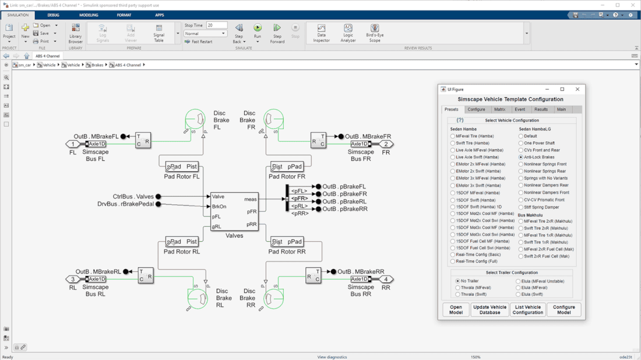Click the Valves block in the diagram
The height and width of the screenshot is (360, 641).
tap(234, 211)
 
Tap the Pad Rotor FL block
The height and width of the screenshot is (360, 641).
tap(181, 167)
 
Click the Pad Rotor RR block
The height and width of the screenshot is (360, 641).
tap(287, 242)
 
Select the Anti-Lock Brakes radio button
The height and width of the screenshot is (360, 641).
tap(521, 157)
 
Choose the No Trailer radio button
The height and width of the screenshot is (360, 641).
tap(457, 281)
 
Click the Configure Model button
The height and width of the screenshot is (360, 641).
tap(563, 309)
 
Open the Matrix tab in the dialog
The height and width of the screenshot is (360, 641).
tap(499, 110)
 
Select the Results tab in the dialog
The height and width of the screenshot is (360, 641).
tap(541, 110)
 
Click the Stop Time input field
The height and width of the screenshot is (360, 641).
tap(216, 26)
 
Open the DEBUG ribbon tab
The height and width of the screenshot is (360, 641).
tap(53, 15)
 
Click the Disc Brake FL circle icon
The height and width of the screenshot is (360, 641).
tap(195, 119)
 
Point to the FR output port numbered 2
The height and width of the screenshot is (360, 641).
tap(386, 144)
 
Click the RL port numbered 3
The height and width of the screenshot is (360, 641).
tap(73, 279)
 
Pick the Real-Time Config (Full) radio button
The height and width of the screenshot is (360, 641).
tap(453, 262)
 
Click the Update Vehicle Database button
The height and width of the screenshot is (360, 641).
tap(489, 309)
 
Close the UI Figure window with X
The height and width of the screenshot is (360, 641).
tap(577, 89)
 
